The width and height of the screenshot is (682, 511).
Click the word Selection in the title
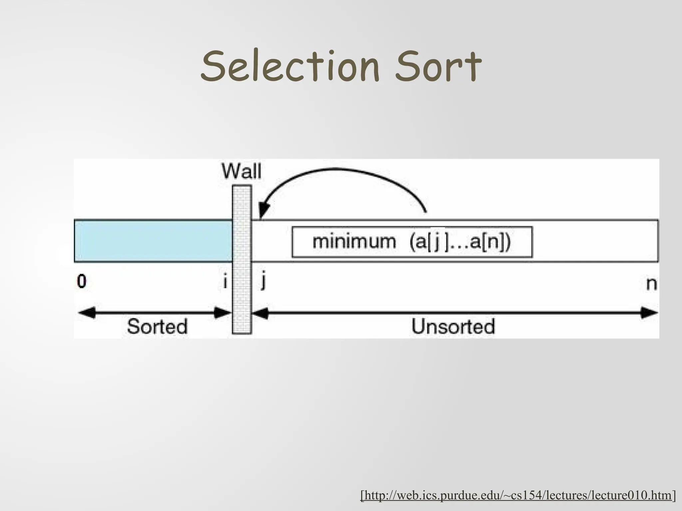[290, 67]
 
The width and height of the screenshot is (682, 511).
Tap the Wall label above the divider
[242, 172]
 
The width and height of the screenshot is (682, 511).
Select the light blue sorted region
[153, 241]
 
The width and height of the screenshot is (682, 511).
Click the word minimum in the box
[354, 241]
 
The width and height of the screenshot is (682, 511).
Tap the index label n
[651, 284]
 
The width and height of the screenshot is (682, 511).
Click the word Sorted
[157, 326]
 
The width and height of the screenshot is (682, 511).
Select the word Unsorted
[453, 326]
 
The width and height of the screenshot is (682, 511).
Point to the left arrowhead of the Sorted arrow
[86, 313]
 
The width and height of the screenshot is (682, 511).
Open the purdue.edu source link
[518, 495]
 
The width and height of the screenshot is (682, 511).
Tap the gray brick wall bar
[242, 259]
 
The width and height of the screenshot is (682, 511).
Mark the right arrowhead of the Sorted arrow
[223, 313]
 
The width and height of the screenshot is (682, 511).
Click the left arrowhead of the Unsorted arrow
[260, 313]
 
